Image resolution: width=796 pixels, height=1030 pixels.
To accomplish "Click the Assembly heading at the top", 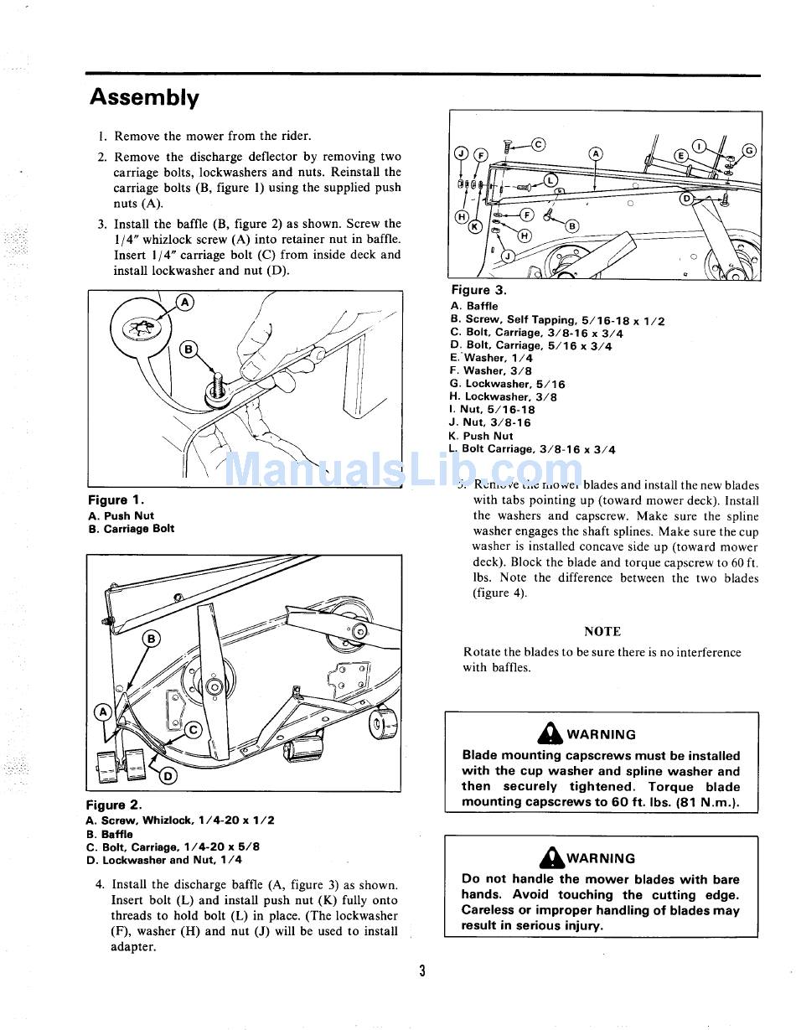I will click(144, 98).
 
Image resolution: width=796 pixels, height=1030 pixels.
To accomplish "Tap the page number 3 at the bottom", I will click(422, 970).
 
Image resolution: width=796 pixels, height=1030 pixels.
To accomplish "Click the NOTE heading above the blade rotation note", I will click(602, 631).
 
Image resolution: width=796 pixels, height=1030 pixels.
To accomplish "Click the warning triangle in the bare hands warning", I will click(551, 857).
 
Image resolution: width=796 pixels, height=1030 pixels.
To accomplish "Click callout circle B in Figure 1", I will click(189, 349).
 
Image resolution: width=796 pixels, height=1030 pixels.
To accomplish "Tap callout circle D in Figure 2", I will click(168, 775).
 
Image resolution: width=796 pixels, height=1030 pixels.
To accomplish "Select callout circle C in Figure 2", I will click(192, 730).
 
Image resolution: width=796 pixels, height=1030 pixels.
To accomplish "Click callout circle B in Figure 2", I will click(152, 639).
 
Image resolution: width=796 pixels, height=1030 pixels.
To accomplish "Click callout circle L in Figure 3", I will click(550, 179).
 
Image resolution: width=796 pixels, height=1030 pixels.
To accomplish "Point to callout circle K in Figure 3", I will click(474, 227).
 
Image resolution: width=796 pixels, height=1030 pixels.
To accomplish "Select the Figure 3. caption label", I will click(478, 290).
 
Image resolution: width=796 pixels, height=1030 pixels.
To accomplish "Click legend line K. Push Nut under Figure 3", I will click(480, 436).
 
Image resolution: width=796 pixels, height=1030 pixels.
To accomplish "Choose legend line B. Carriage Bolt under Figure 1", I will click(131, 529).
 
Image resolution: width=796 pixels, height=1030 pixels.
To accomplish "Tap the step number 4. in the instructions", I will click(100, 884).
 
